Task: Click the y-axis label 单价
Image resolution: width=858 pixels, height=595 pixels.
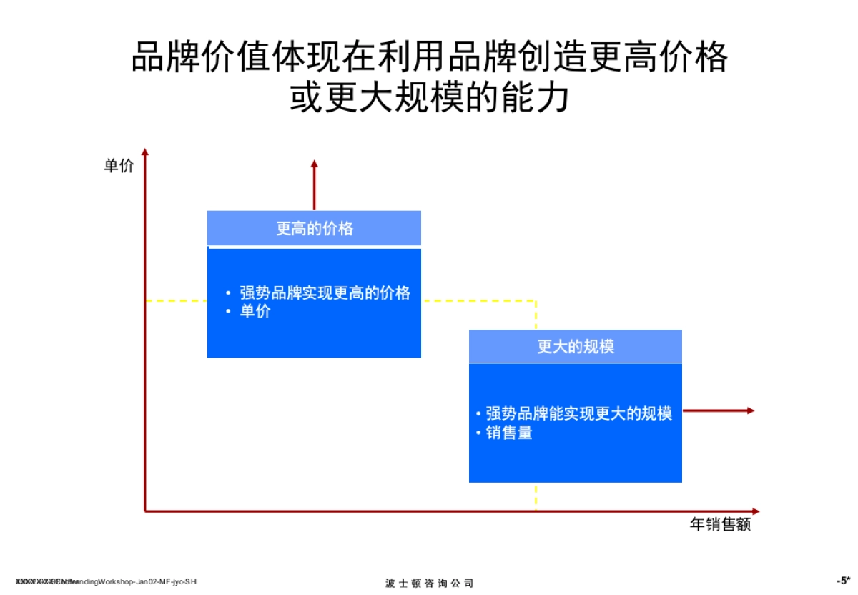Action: click(x=119, y=167)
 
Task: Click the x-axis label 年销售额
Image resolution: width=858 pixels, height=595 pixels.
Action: click(x=720, y=525)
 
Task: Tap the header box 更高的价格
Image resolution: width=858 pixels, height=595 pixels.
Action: click(x=314, y=229)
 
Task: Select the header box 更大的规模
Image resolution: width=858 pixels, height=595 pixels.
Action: click(x=576, y=347)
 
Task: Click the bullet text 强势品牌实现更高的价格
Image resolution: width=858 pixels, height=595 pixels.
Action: click(x=325, y=292)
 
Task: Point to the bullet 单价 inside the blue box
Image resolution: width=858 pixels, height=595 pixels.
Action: click(x=255, y=312)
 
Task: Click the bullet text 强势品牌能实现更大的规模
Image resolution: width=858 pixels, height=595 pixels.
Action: click(x=578, y=413)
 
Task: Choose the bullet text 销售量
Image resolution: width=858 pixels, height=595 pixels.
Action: click(x=509, y=433)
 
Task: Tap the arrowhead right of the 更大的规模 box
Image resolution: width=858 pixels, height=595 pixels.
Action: click(x=750, y=410)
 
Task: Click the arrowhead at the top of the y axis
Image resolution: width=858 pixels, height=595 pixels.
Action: click(x=145, y=152)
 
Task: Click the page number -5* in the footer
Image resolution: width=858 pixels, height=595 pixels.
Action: click(x=843, y=581)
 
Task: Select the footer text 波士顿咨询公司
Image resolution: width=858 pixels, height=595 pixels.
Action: click(x=429, y=583)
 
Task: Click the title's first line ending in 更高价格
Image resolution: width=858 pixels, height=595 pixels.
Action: click(x=429, y=57)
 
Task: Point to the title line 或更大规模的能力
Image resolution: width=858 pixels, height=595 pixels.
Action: click(x=429, y=98)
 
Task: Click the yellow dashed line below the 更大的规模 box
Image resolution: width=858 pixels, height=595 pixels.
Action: click(x=536, y=496)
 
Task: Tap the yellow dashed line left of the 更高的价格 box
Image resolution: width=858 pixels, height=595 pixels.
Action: click(x=176, y=301)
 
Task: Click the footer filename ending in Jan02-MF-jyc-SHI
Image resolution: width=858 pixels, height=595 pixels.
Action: click(x=107, y=581)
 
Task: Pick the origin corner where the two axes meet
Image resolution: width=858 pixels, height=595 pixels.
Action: click(x=145, y=511)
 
